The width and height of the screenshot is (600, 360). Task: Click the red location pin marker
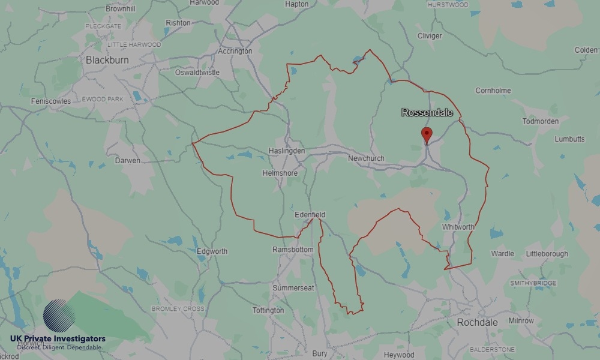(x=427, y=135)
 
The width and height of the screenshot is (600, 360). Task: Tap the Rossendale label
(x=427, y=112)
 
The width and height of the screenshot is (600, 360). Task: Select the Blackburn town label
(x=107, y=60)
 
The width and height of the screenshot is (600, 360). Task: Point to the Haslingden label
(x=287, y=151)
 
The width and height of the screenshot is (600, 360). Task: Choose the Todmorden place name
(x=540, y=121)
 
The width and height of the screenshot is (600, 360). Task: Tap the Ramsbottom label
(x=293, y=250)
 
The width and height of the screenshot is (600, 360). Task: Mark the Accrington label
(x=235, y=52)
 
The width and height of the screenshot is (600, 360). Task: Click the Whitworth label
(x=458, y=227)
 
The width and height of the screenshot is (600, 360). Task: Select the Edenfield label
(x=310, y=214)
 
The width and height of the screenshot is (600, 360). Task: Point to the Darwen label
(x=127, y=161)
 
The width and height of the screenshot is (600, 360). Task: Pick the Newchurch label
(x=366, y=158)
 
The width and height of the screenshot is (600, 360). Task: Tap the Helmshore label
(x=280, y=173)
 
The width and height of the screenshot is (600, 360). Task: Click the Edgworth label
(x=212, y=251)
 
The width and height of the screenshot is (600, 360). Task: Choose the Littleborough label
(x=547, y=254)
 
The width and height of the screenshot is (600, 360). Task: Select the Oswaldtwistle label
(x=197, y=73)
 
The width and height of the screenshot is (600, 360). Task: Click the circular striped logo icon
(x=59, y=316)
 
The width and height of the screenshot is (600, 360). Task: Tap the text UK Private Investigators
(x=58, y=339)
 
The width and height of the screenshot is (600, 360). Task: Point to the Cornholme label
(x=493, y=91)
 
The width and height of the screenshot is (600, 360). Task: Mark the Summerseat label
(x=293, y=289)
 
